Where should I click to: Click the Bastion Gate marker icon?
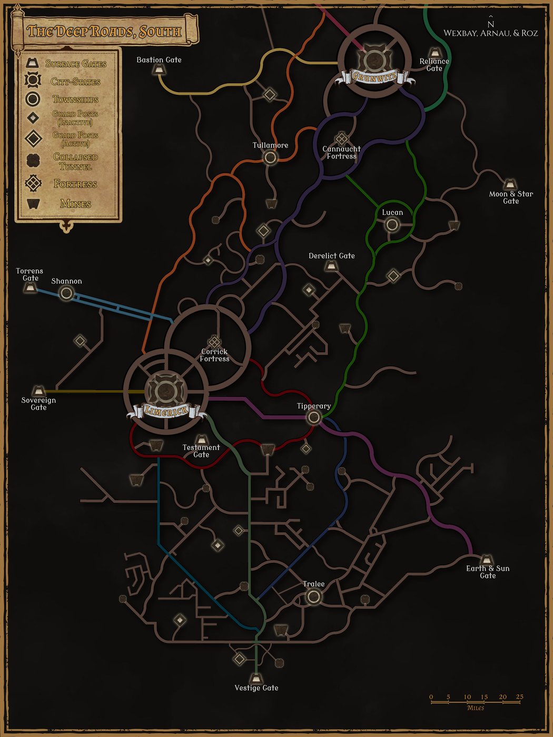click(x=158, y=69)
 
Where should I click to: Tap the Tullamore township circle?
click(x=270, y=157)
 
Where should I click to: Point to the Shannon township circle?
click(x=66, y=293)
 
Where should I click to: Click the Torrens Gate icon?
click(x=31, y=287)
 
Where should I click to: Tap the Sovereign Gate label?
click(x=38, y=404)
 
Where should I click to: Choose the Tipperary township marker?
click(x=314, y=418)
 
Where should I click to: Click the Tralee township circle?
click(x=313, y=596)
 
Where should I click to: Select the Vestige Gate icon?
click(x=256, y=678)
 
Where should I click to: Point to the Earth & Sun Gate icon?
click(x=487, y=559)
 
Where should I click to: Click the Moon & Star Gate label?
click(x=511, y=197)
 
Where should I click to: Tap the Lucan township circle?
click(x=392, y=225)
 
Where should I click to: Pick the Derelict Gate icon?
click(x=331, y=266)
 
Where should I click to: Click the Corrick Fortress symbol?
click(x=214, y=342)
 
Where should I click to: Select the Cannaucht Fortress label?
click(x=342, y=153)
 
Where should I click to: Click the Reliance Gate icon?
click(x=434, y=53)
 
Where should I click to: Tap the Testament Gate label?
click(x=201, y=451)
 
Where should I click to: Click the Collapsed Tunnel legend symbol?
click(x=33, y=160)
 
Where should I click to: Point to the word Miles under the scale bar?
click(x=475, y=708)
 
